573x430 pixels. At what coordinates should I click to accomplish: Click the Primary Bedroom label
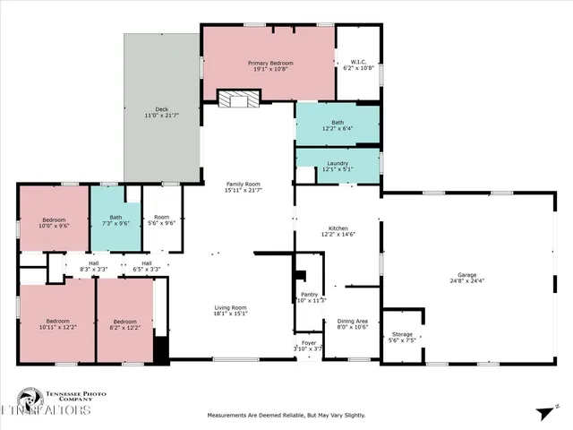pyautogui.click(x=269, y=64)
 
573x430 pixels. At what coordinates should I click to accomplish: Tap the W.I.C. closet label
pyautogui.click(x=355, y=62)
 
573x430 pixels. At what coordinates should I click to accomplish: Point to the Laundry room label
pyautogui.click(x=337, y=163)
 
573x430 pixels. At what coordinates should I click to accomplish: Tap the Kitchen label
pyautogui.click(x=338, y=228)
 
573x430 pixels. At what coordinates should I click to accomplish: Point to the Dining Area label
pyautogui.click(x=352, y=321)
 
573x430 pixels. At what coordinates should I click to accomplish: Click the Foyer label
pyautogui.click(x=307, y=341)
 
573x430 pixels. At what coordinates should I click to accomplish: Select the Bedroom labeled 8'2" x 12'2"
pyautogui.click(x=124, y=321)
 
